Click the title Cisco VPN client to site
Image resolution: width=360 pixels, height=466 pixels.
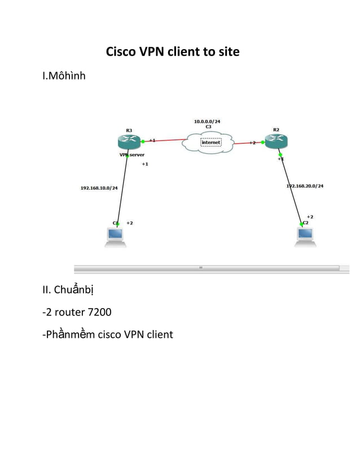coord(173,52)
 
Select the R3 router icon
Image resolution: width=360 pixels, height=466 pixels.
coord(129,142)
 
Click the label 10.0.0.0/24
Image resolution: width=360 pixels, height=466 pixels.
coord(207,121)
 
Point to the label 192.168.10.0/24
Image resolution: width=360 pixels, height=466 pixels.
coord(99,188)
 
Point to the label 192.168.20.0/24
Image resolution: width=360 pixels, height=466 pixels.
coord(305,186)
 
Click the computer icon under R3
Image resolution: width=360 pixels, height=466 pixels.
coord(115,236)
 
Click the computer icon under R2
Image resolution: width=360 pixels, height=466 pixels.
coord(305,236)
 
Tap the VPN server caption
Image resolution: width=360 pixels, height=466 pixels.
coord(131,154)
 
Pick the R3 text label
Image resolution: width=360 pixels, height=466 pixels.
coord(129,130)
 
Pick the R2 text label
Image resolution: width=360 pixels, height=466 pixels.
coord(276,130)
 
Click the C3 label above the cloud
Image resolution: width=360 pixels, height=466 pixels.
coord(208,127)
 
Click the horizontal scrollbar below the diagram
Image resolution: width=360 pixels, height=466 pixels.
coord(206,267)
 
